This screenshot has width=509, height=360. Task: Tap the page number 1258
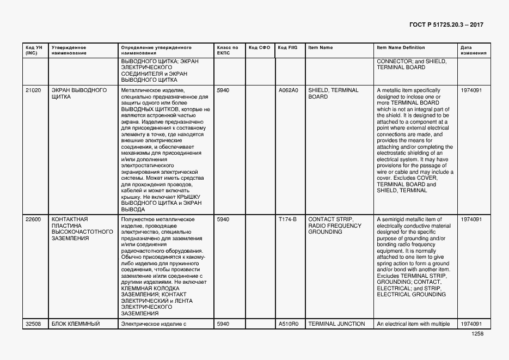(477, 334)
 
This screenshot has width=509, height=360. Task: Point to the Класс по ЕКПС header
(227, 50)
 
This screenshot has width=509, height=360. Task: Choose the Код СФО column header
(259, 48)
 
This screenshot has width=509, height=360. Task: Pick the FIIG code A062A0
(288, 90)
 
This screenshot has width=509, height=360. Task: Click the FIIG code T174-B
(287, 219)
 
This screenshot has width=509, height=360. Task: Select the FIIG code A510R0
(288, 324)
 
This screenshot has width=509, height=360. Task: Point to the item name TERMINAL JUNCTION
(336, 324)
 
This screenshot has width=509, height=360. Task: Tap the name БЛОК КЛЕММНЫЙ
(75, 324)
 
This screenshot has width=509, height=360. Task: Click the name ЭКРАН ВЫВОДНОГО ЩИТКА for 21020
(79, 93)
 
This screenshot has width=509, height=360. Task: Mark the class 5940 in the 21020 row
(223, 90)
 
